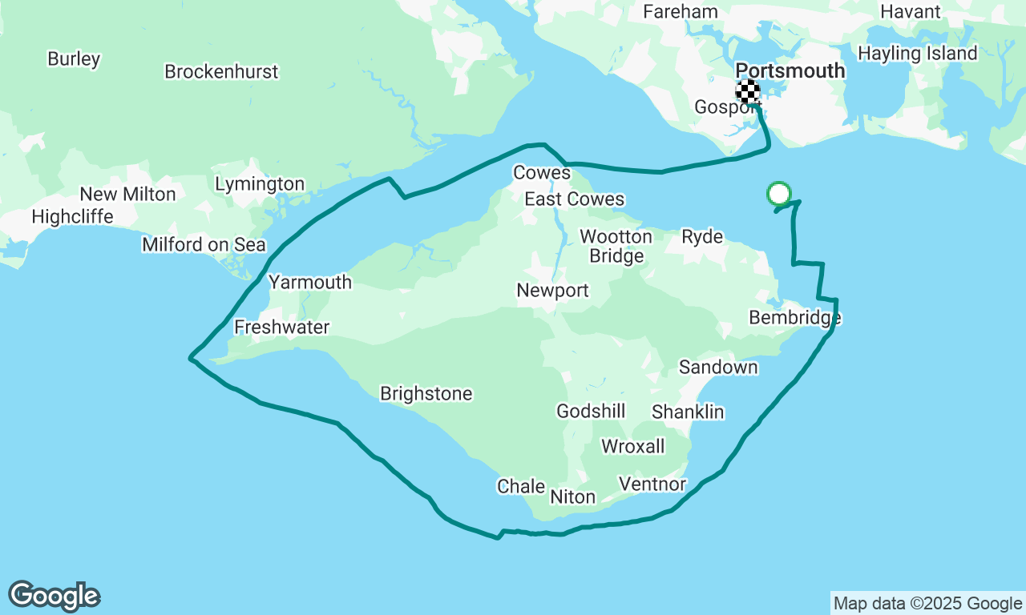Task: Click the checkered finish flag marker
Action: (x=748, y=92)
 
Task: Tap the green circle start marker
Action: (x=779, y=193)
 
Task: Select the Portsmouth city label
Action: (x=790, y=70)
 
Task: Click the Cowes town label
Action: (x=542, y=173)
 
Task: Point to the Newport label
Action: (x=552, y=291)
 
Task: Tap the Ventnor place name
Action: (x=652, y=484)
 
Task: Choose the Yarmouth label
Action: (x=309, y=282)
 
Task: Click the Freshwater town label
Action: (x=281, y=327)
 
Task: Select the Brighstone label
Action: (x=426, y=394)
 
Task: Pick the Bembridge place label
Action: (x=794, y=318)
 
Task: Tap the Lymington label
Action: (x=260, y=184)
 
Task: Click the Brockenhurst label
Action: (x=221, y=71)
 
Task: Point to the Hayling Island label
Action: (x=917, y=54)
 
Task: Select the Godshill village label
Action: (x=591, y=412)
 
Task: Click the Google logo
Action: (x=54, y=597)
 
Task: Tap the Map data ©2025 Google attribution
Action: (x=927, y=604)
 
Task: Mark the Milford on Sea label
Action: (x=204, y=244)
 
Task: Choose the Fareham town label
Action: (x=680, y=12)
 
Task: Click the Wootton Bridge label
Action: (x=616, y=247)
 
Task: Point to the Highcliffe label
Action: (x=72, y=217)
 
